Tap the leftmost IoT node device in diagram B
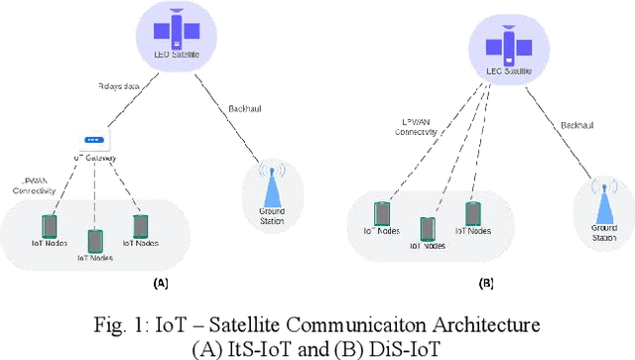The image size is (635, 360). [x=381, y=214]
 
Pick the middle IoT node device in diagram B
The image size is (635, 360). [x=428, y=228]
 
